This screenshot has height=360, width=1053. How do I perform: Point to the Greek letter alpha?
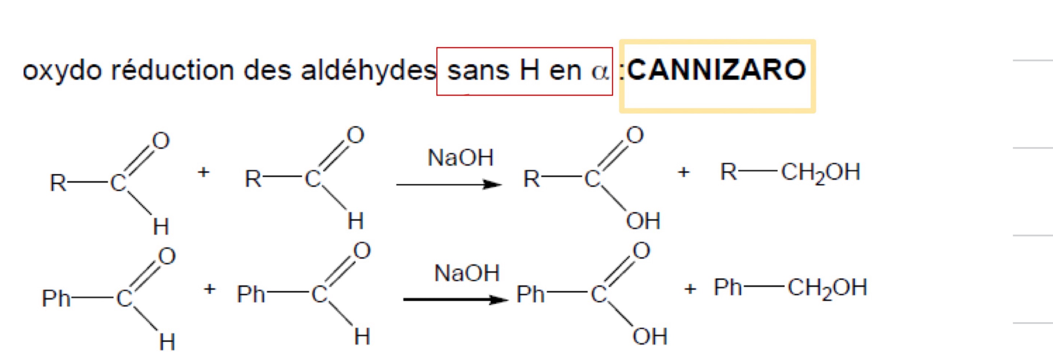pos(600,72)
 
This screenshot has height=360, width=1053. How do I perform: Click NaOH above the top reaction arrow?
pos(461,158)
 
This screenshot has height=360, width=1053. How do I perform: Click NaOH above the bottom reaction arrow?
pos(467,273)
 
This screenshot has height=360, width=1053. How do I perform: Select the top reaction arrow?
pos(449,185)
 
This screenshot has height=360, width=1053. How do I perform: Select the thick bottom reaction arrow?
pos(456,300)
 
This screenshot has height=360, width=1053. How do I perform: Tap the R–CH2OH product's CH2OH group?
pos(821,173)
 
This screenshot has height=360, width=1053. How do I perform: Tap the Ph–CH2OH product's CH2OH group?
pos(827,288)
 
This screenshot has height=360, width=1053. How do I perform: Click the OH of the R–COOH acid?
pos(643,221)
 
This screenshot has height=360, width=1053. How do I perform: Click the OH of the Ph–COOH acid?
pos(650,336)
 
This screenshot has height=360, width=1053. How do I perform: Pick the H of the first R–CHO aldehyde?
pos(161,226)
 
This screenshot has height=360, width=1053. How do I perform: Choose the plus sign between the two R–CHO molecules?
pos(203,172)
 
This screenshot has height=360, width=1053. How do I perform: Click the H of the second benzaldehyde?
pos(362,336)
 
